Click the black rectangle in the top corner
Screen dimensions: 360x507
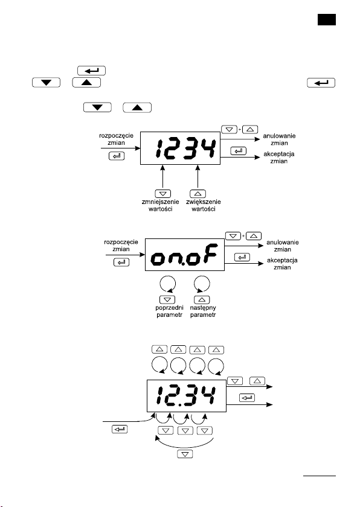tap(326, 19)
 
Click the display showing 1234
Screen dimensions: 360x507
tap(180, 148)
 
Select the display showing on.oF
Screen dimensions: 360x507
tap(185, 255)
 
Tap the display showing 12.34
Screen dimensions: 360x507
tap(186, 396)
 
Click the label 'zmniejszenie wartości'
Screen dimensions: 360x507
tap(161, 205)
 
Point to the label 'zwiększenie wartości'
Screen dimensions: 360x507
tap(204, 205)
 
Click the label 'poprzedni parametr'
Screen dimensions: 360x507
tap(169, 311)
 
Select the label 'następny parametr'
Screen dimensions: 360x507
tap(203, 311)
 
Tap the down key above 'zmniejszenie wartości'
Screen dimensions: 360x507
tap(163, 194)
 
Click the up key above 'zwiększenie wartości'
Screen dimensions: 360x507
tap(198, 194)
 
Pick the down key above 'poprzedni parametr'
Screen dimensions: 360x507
tap(167, 299)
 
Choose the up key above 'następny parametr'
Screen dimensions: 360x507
tap(202, 299)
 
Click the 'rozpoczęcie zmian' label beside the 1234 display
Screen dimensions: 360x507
tap(116, 139)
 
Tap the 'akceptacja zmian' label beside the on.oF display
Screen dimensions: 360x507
tap(282, 264)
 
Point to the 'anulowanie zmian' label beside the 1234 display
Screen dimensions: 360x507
tap(279, 139)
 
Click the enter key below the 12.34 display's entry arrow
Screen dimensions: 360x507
tap(120, 429)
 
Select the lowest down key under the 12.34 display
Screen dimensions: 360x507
tap(185, 454)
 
